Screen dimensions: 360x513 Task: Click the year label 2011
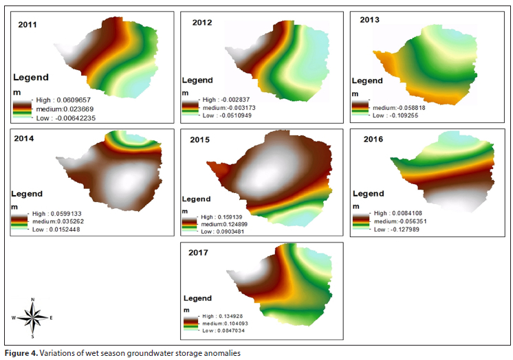27,25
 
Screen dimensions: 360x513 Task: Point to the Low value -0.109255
397,115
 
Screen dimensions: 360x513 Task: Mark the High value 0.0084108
398,214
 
